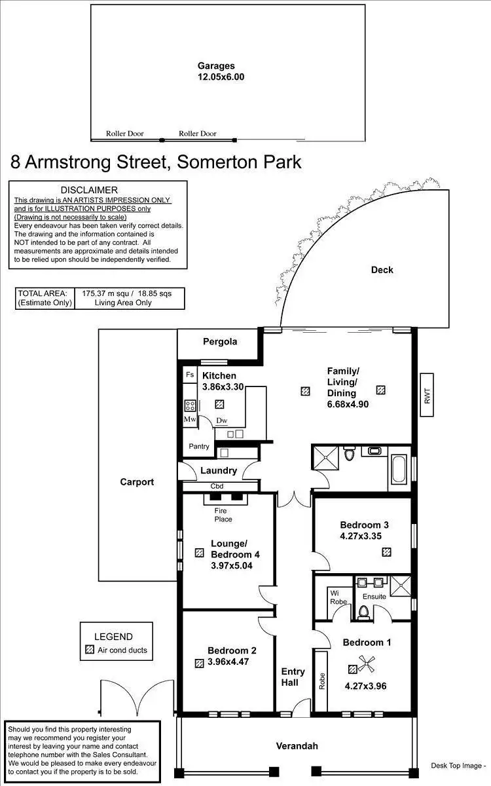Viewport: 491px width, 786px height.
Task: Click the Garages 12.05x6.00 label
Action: coord(221,71)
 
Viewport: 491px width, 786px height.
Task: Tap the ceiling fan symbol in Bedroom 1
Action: coord(367,663)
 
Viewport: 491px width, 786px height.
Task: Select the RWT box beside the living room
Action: coord(427,394)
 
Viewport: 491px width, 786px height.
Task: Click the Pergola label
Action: coord(220,341)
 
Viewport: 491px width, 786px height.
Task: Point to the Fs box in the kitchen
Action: coord(190,375)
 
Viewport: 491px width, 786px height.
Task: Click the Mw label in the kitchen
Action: coord(190,419)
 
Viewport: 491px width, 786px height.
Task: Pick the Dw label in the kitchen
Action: coord(222,421)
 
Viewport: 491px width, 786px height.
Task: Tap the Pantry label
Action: coord(198,447)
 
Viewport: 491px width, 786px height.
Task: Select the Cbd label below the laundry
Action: coord(217,487)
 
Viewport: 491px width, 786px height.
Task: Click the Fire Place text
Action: coord(223,515)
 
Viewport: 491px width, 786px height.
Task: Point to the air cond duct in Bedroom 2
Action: coord(199,663)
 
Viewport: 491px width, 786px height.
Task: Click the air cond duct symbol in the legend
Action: coord(90,650)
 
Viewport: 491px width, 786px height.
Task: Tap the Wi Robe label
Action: coord(338,597)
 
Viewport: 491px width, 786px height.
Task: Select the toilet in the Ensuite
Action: coord(364,612)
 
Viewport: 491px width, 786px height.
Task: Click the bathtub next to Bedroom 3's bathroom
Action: coord(398,468)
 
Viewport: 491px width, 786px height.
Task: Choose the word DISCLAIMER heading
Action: coord(98,190)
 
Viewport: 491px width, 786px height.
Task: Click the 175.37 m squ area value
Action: coord(103,293)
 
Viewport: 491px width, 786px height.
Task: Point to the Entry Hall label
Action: coord(293,677)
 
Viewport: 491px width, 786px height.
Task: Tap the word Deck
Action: coord(382,270)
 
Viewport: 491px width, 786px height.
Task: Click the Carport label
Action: coord(137,482)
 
